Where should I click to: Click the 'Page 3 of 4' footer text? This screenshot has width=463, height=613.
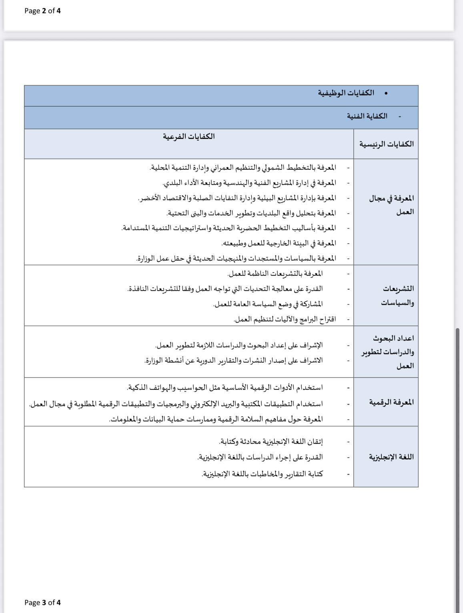pyautogui.click(x=42, y=602)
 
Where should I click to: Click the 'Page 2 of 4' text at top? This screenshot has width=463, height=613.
pyautogui.click(x=42, y=11)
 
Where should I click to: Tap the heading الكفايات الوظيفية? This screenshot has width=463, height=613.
pyautogui.click(x=346, y=93)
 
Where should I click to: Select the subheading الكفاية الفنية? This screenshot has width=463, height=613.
pyautogui.click(x=367, y=116)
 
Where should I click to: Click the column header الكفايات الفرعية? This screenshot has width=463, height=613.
pyautogui.click(x=188, y=136)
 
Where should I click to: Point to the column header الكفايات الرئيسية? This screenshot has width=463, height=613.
pyautogui.click(x=386, y=144)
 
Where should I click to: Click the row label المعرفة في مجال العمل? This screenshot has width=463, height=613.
pyautogui.click(x=391, y=205)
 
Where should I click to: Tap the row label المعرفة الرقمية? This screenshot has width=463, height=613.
pyautogui.click(x=391, y=402)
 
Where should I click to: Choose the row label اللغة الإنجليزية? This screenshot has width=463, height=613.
pyautogui.click(x=391, y=457)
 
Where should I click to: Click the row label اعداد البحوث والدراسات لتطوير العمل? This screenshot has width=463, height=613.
pyautogui.click(x=388, y=352)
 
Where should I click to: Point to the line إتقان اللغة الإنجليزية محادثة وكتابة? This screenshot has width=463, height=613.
pyautogui.click(x=271, y=442)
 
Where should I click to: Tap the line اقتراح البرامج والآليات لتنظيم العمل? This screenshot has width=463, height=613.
pyautogui.click(x=285, y=319)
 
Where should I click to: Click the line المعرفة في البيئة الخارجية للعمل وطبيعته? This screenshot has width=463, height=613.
pyautogui.click(x=279, y=243)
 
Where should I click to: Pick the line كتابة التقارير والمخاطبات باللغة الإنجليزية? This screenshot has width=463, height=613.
pyautogui.click(x=262, y=474)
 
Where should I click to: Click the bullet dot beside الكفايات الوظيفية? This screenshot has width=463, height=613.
pyautogui.click(x=386, y=93)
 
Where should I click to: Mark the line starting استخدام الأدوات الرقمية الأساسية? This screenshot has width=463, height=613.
pyautogui.click(x=225, y=388)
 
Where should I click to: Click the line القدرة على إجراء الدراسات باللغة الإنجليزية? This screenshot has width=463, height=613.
pyautogui.click(x=260, y=457)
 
